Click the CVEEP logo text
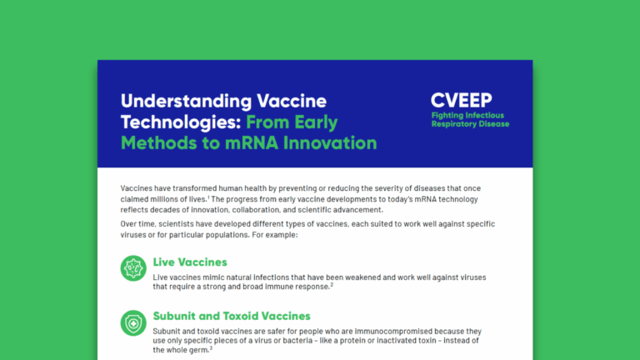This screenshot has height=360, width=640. click(x=462, y=99)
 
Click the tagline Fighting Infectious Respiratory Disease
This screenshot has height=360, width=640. click(x=469, y=119)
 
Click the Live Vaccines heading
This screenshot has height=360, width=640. click(x=190, y=262)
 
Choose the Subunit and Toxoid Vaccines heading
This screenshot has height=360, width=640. click(x=232, y=316)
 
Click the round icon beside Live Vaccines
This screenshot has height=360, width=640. click(x=133, y=269)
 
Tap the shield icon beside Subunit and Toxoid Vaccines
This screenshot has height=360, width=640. click(x=133, y=323)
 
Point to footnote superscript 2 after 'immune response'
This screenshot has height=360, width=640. click(x=331, y=284)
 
